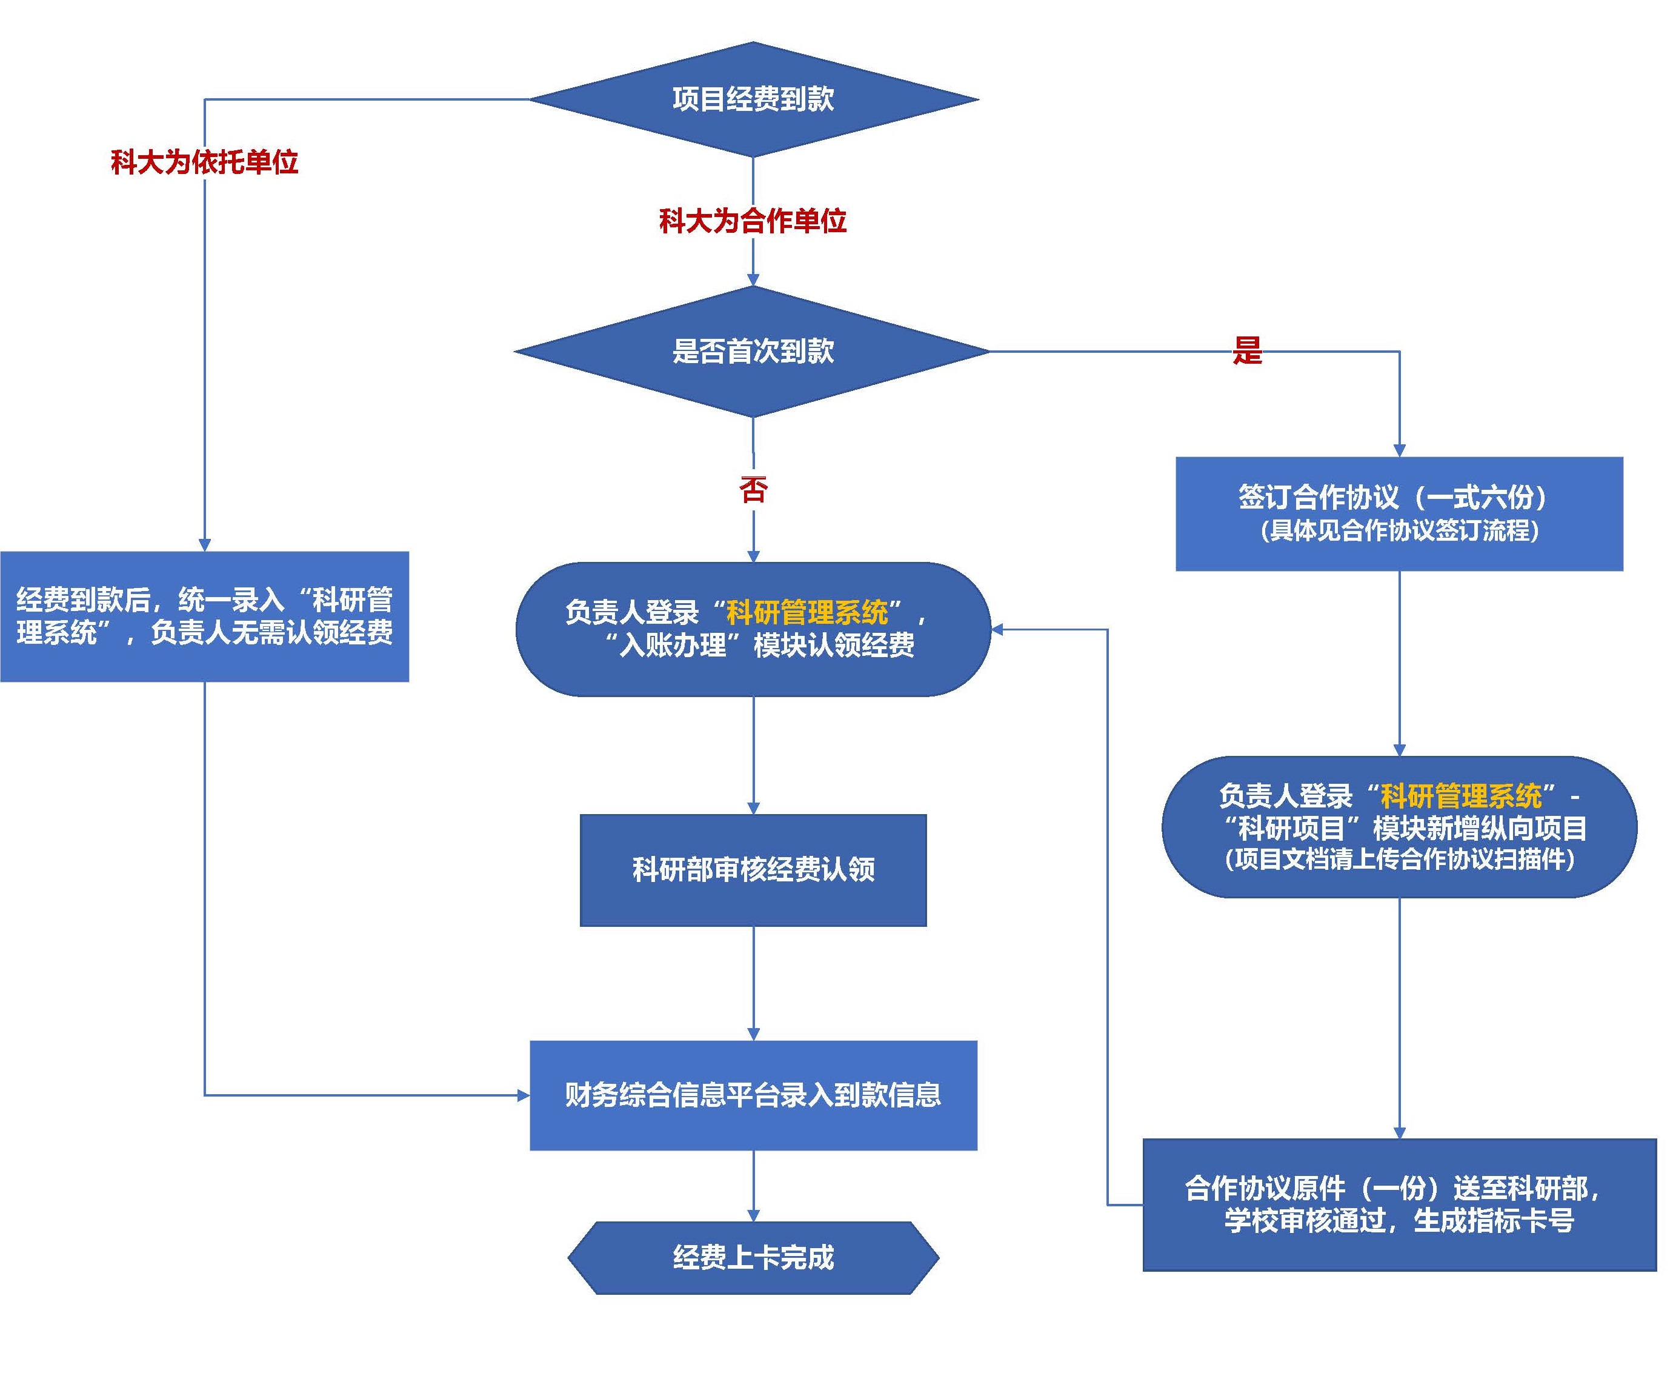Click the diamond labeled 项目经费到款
pyautogui.click(x=753, y=99)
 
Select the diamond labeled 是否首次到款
pyautogui.click(x=753, y=351)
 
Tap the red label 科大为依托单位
pyautogui.click(x=204, y=162)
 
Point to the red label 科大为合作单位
pyautogui.click(x=753, y=221)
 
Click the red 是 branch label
pyautogui.click(x=1247, y=350)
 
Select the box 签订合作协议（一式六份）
pyautogui.click(x=1399, y=513)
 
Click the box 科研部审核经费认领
pyautogui.click(x=753, y=870)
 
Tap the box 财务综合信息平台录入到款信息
pyautogui.click(x=753, y=1095)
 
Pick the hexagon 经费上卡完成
pyautogui.click(x=753, y=1258)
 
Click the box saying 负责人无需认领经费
pyautogui.click(x=204, y=616)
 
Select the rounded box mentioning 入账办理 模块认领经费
pyautogui.click(x=753, y=630)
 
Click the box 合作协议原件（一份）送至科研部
pyautogui.click(x=1399, y=1204)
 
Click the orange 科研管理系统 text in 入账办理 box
pyautogui.click(x=807, y=612)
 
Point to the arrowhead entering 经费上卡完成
pyautogui.click(x=753, y=1215)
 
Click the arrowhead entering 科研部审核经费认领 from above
pyautogui.click(x=753, y=807)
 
